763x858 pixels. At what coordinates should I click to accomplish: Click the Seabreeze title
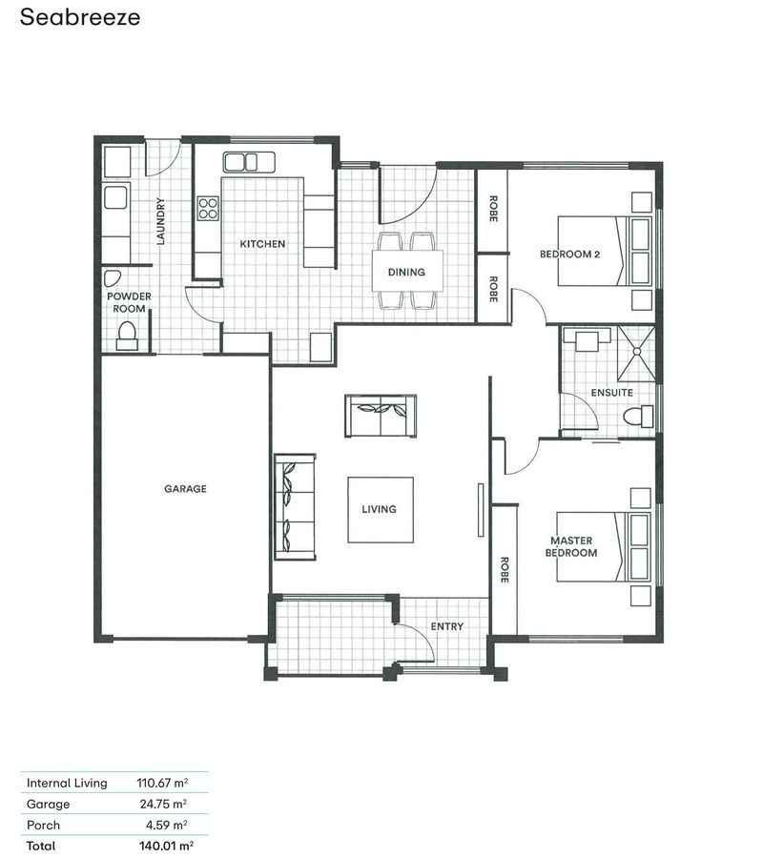point(80,17)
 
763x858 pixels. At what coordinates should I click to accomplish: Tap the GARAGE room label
point(186,489)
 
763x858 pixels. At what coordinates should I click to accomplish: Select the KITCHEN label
point(262,244)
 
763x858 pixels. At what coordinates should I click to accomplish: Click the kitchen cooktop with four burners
point(208,209)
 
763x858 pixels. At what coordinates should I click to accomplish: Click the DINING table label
point(406,272)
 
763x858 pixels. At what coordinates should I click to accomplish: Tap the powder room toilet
point(127,336)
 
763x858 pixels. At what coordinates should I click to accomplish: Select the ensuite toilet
point(638,417)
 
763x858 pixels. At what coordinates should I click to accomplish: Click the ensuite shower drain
point(636,352)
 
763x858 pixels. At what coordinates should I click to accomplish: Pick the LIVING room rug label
point(380,509)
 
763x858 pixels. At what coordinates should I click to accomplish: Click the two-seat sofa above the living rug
point(381,416)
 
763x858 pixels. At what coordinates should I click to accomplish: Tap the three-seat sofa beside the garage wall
point(295,507)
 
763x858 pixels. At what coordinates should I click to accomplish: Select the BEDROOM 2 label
point(569,254)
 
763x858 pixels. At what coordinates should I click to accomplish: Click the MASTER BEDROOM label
point(571,546)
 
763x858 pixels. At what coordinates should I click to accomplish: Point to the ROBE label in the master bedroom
point(505,570)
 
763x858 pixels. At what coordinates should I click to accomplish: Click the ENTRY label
point(447,626)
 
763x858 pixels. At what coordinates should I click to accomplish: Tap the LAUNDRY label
point(160,221)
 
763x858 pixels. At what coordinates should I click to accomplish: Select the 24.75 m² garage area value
point(163,804)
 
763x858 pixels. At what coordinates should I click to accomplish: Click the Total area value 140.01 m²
point(166,846)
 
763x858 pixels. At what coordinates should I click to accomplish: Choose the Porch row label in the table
point(43,826)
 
